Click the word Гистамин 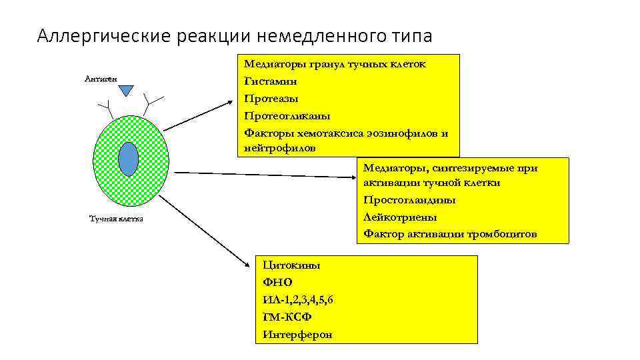tap(271, 81)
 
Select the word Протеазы tap(271, 99)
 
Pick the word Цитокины tap(291, 265)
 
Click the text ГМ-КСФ tap(287, 317)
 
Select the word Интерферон tap(297, 335)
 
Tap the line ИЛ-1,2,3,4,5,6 tap(298, 300)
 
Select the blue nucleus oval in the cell tap(128, 159)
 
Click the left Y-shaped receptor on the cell tap(106, 107)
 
